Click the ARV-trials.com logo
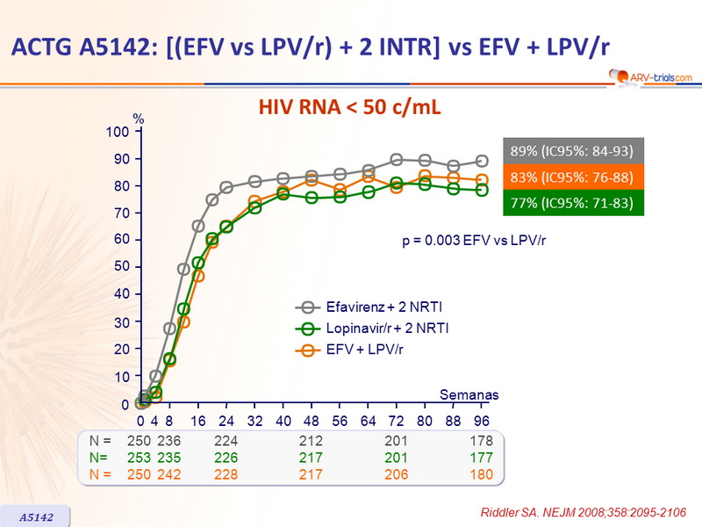click(x=649, y=78)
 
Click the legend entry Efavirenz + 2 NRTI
click(x=370, y=307)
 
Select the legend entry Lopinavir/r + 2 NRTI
click(x=374, y=328)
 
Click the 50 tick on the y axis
click(x=122, y=267)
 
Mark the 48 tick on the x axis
click(x=311, y=422)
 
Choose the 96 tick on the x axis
click(x=481, y=422)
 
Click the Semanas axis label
click(x=469, y=395)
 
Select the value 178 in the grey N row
click(x=481, y=441)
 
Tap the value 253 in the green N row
click(x=127, y=458)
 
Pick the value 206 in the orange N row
click(x=397, y=474)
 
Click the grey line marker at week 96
click(x=482, y=161)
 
